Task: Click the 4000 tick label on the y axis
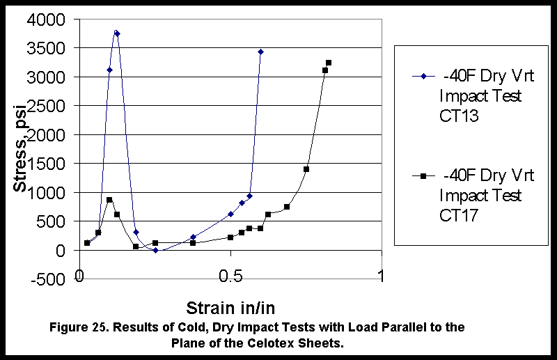point(53,19)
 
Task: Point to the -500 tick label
point(54,279)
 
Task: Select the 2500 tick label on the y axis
point(53,106)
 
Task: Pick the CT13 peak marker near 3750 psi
point(117,33)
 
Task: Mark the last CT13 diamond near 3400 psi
point(260,52)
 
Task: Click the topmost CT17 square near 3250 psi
point(329,63)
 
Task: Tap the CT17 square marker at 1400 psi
point(306,169)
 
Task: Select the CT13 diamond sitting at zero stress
point(155,250)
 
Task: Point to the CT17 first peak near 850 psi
point(109,200)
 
